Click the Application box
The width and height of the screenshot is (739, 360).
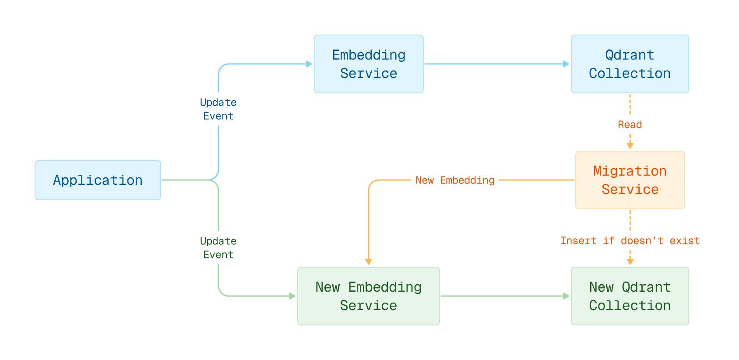[98, 180]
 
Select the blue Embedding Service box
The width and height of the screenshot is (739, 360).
[369, 64]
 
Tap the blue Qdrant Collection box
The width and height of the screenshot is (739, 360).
[630, 64]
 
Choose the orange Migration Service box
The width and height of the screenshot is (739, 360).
[630, 180]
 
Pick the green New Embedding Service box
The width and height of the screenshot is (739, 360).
[368, 296]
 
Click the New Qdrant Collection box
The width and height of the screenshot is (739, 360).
[630, 296]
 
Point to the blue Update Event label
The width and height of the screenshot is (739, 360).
[218, 109]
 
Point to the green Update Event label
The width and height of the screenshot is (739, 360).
[218, 248]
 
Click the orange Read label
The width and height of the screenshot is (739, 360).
[630, 125]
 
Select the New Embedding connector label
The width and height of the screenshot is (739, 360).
[455, 180]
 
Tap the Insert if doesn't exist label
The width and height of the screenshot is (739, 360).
[630, 241]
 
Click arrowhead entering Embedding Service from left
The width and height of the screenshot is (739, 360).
[309, 64]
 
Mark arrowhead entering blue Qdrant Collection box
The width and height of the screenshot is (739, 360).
[566, 64]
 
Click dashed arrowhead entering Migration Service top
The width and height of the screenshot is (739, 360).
[630, 146]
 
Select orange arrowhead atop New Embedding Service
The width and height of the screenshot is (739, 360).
[369, 262]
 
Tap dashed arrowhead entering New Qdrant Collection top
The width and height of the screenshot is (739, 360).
[630, 262]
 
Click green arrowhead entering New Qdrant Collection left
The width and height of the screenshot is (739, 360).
[566, 296]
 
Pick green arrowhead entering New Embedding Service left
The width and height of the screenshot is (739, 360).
[292, 296]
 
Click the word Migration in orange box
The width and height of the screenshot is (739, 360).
[630, 171]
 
